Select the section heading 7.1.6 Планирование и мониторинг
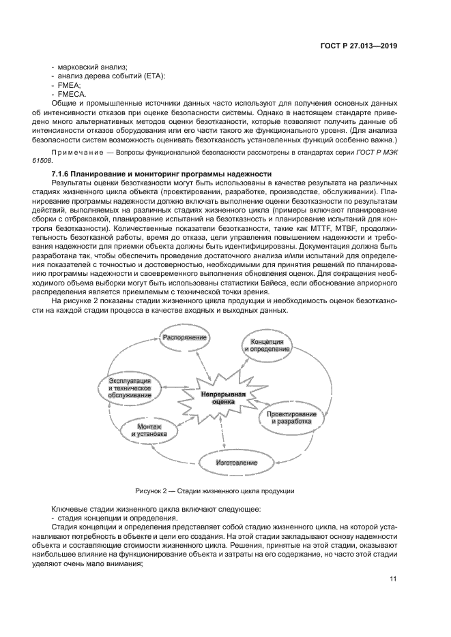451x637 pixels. (x=157, y=174)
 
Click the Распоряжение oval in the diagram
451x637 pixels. (x=184, y=337)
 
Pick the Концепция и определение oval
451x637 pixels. (x=267, y=345)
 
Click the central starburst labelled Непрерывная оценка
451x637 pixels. (x=223, y=398)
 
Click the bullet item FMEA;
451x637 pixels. (x=69, y=85)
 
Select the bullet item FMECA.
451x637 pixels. (x=72, y=93)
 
